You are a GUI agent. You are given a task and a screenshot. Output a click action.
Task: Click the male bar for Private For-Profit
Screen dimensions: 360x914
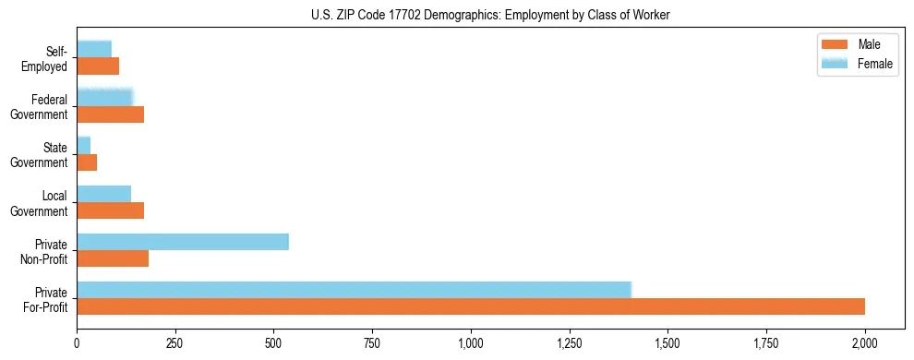(471, 306)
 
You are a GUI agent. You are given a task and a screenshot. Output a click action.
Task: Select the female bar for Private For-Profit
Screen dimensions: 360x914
(354, 289)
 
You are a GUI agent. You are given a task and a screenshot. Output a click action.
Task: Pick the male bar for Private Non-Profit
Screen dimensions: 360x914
(113, 259)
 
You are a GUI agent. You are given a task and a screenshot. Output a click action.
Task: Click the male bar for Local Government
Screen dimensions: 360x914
(111, 211)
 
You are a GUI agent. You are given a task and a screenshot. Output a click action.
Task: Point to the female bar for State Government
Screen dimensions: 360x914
(84, 145)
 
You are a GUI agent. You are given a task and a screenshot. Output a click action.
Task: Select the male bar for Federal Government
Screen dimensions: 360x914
(111, 114)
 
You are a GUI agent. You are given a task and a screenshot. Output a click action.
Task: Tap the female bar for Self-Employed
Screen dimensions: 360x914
(94, 49)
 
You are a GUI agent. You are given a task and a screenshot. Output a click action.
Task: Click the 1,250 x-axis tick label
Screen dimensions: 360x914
(570, 342)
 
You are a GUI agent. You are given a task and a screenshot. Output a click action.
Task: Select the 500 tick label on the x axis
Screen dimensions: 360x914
(273, 342)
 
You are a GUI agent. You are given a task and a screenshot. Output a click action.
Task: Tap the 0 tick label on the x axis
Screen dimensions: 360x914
(77, 342)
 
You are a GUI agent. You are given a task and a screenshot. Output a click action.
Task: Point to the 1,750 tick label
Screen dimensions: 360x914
(766, 342)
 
